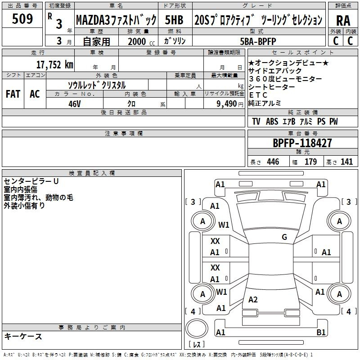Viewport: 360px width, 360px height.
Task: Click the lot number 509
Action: (22, 18)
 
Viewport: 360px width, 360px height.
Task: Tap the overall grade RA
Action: (343, 21)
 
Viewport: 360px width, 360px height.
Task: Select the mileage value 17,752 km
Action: (54, 64)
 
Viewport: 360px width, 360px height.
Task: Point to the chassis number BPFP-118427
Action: (302, 143)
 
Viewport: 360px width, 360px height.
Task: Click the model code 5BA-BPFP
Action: (258, 41)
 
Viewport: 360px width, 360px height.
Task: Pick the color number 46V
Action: (75, 104)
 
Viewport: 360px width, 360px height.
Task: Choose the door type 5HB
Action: (174, 20)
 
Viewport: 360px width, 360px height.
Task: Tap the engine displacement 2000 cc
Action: (141, 41)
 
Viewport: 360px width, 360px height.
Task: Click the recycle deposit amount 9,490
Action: (226, 104)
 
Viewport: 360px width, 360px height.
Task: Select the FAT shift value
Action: (13, 94)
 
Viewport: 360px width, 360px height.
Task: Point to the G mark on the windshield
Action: (284, 237)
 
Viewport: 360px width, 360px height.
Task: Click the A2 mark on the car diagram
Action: (253, 299)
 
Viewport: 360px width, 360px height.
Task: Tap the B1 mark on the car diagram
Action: (321, 332)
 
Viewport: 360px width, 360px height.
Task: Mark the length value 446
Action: (273, 162)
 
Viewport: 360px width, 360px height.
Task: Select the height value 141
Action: (346, 162)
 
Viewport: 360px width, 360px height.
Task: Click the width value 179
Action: (310, 162)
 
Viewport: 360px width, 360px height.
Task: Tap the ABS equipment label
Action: (272, 121)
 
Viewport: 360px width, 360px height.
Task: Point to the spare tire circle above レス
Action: (197, 328)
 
